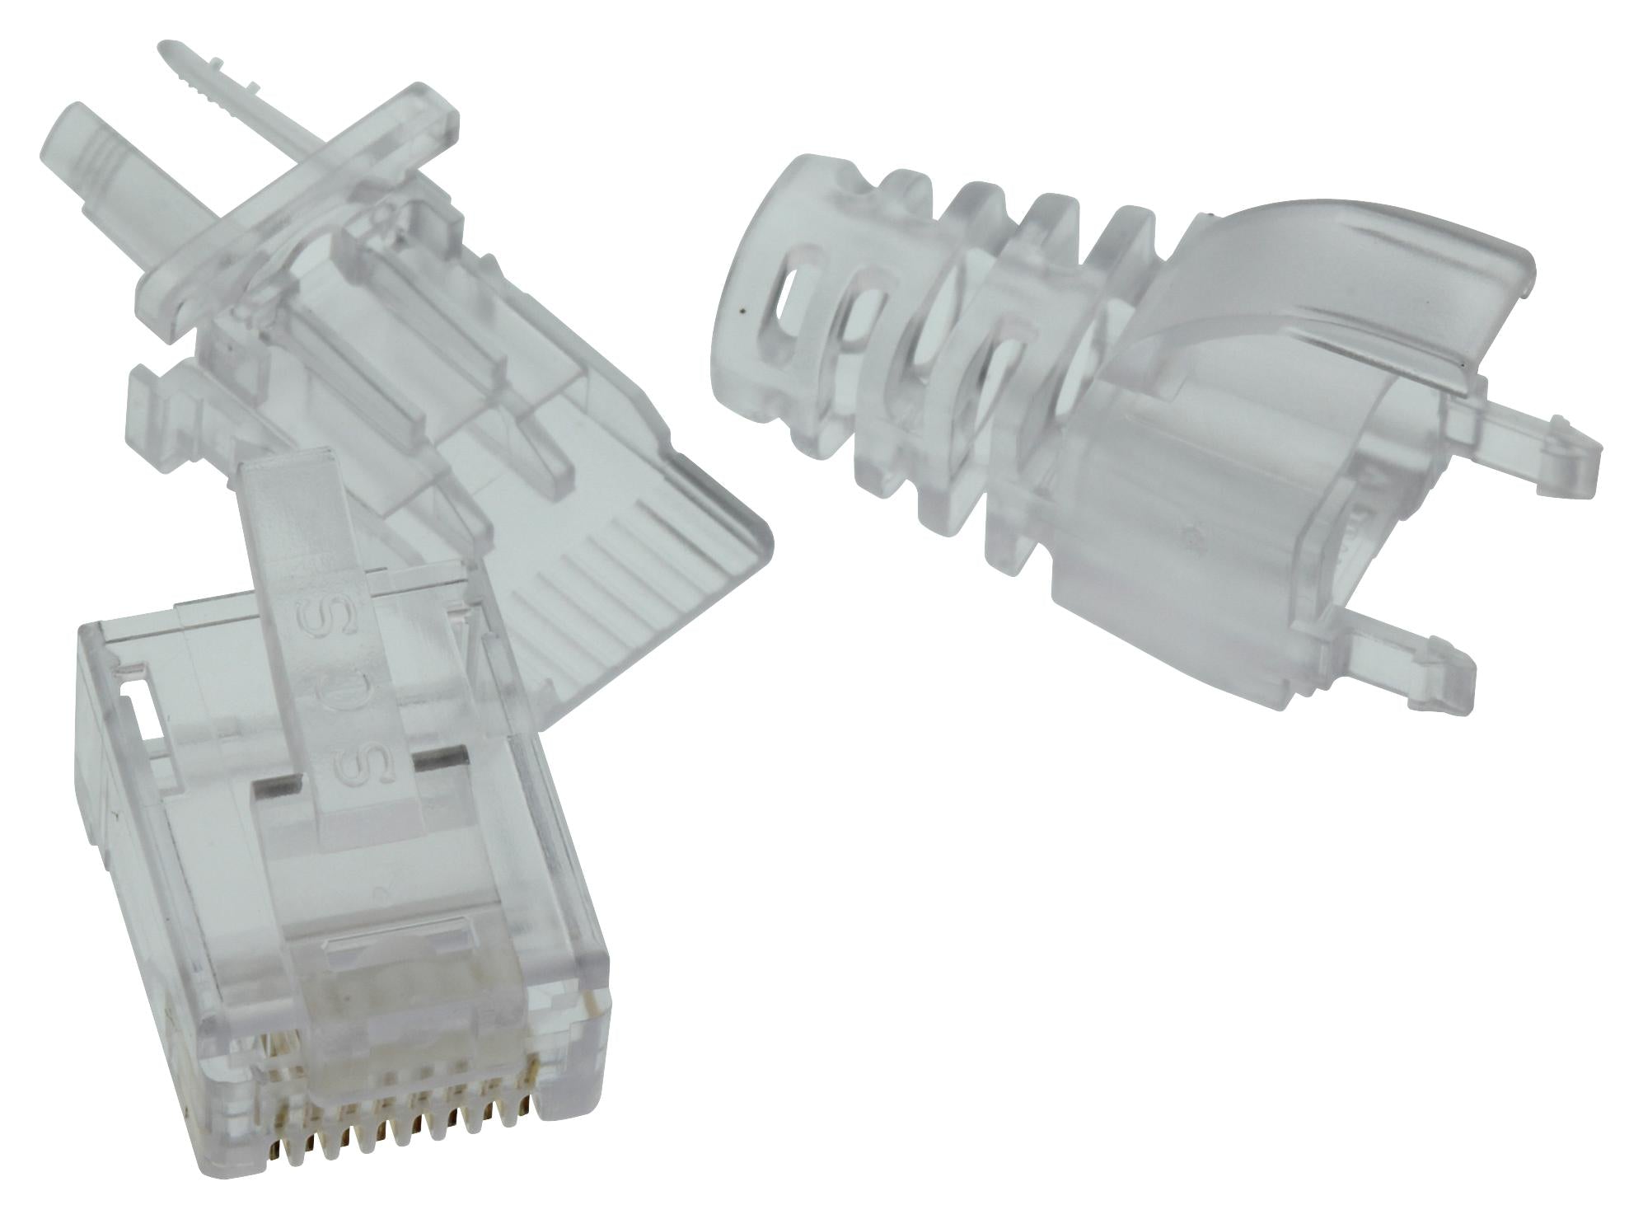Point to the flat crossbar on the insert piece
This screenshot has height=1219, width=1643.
coord(305,239)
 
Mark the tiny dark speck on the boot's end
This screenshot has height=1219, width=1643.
coord(743,312)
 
